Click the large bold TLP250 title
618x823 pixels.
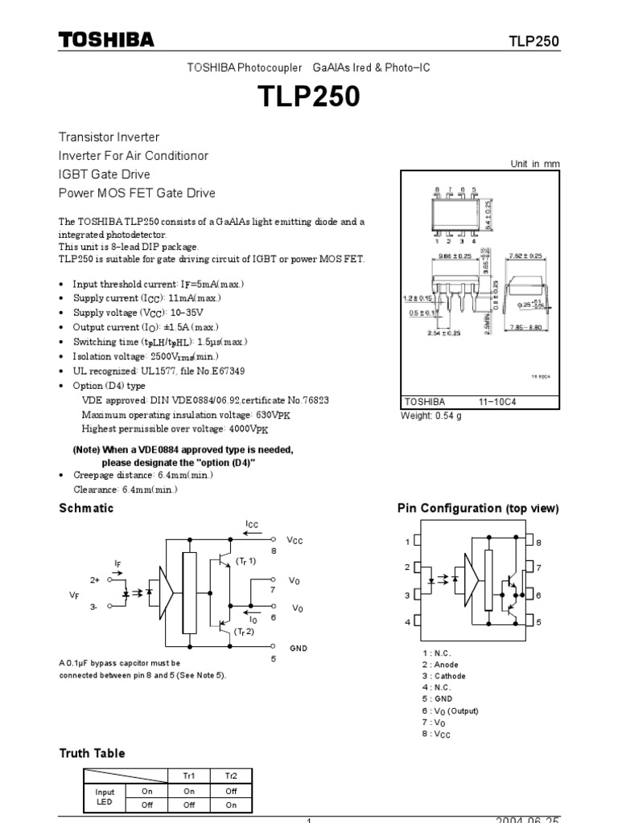(x=309, y=97)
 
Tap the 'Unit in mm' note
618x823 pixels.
(x=534, y=164)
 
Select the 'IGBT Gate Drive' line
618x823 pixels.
(x=105, y=174)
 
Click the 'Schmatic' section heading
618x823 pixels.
(x=87, y=508)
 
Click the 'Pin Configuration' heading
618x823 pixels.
(x=478, y=509)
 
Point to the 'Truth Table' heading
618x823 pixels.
(x=92, y=753)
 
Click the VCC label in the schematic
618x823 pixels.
(x=295, y=540)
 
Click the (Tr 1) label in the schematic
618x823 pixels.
(x=245, y=560)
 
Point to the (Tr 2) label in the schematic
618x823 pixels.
(x=245, y=633)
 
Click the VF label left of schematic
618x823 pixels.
(x=75, y=595)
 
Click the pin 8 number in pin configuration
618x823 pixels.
(x=539, y=543)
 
